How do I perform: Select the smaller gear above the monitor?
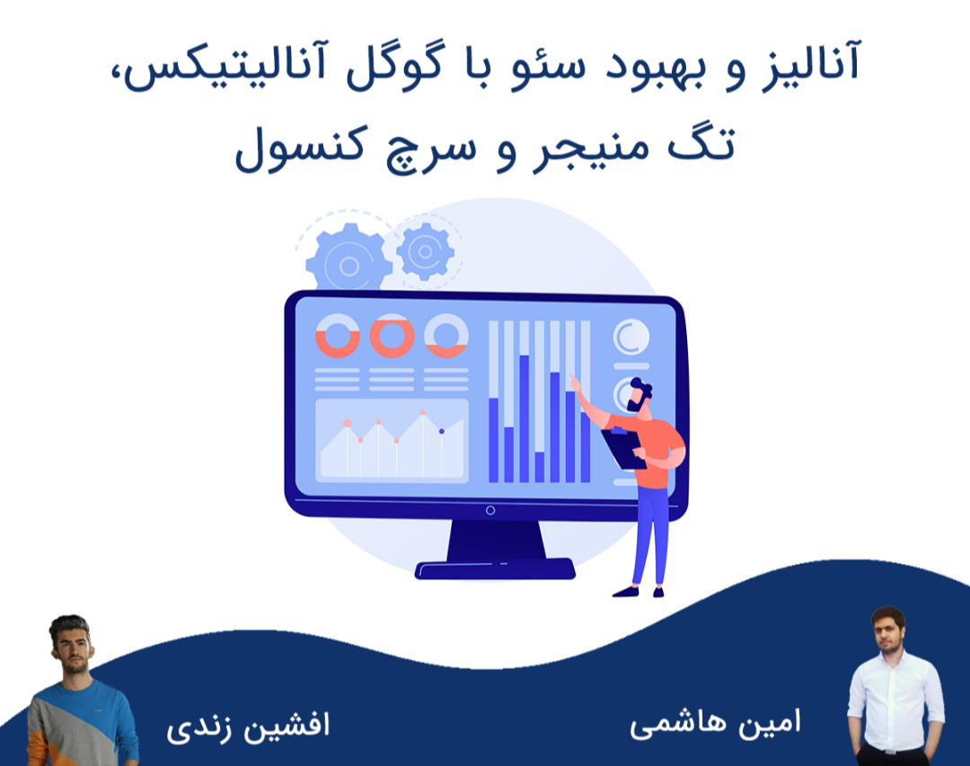tap(425, 251)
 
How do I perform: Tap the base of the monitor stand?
tap(495, 568)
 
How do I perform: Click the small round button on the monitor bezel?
tap(489, 511)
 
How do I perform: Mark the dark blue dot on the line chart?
tap(441, 432)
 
